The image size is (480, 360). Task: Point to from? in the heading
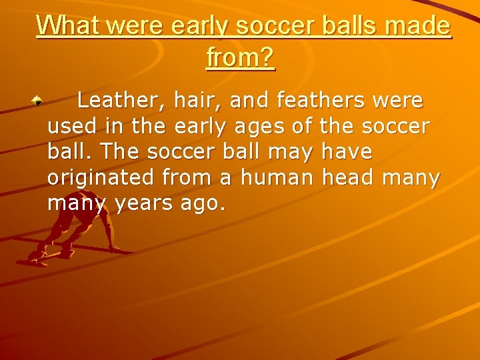click(241, 57)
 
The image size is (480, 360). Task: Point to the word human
click(277, 177)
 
